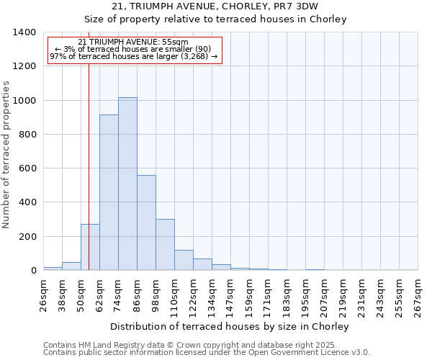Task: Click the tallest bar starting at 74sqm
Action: [x=127, y=184]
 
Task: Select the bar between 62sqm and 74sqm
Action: [x=109, y=192]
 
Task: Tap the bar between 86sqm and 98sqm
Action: [x=146, y=222]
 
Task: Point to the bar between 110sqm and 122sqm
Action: [x=184, y=260]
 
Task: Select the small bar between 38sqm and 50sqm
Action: [x=71, y=266]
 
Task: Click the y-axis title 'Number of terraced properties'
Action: [x=7, y=154]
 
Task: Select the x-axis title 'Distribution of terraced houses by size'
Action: [x=230, y=326]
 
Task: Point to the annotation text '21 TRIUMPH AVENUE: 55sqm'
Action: [x=132, y=42]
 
